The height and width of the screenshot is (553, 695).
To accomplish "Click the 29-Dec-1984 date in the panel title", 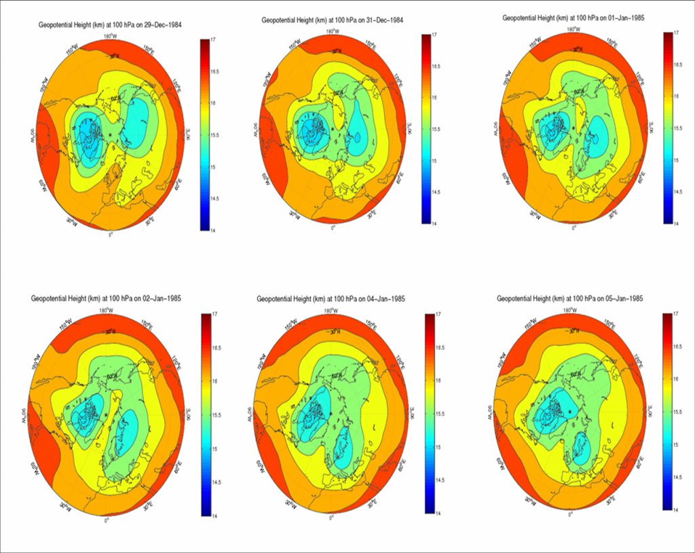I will coord(166,24).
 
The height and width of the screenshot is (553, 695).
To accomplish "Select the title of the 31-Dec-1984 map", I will coord(333,20).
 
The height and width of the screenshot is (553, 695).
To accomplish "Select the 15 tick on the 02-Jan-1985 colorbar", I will coord(214,448).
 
